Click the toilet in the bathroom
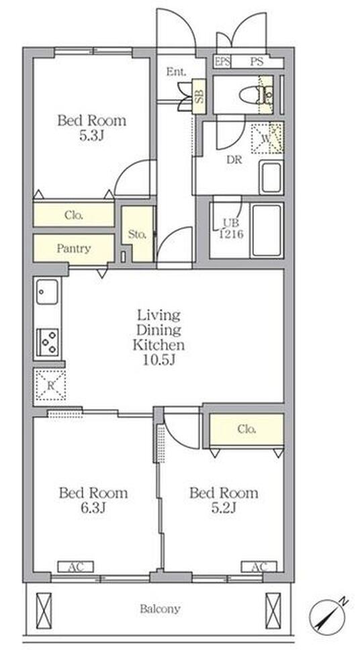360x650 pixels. (x=255, y=95)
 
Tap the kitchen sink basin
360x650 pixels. (x=47, y=291)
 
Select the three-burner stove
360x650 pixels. (x=47, y=342)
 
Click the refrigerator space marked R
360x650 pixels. (x=50, y=385)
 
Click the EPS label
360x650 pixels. (x=222, y=62)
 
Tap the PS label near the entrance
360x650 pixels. (x=257, y=62)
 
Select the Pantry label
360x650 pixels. (x=73, y=248)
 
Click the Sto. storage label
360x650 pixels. (x=137, y=234)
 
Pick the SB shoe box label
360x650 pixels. (x=199, y=96)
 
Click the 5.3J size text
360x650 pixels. (x=91, y=136)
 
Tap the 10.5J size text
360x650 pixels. (x=159, y=359)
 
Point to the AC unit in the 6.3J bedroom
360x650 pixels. (x=75, y=567)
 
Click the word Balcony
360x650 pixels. (x=160, y=608)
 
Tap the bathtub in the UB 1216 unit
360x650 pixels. (x=267, y=230)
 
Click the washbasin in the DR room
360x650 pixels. (x=271, y=177)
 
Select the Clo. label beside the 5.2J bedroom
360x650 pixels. (x=246, y=429)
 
